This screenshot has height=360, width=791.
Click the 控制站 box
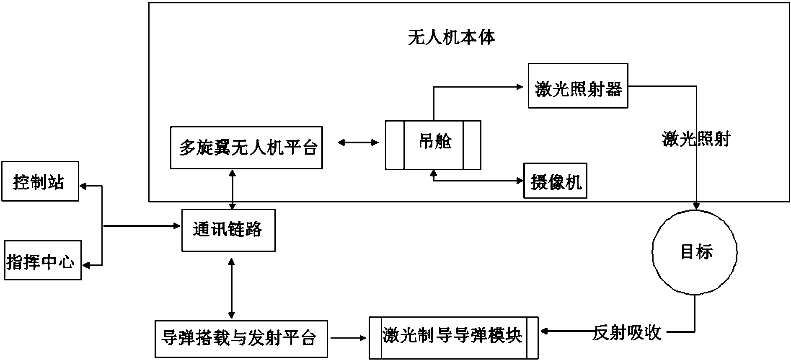click(40, 181)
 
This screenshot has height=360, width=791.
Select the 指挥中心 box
click(42, 260)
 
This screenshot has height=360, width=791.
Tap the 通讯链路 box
click(228, 230)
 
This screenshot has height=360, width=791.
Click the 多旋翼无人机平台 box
click(246, 148)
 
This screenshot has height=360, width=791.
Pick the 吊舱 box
click(433, 145)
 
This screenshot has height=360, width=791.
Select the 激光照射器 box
click(578, 86)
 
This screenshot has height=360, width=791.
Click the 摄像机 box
click(555, 181)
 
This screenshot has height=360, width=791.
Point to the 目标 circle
click(695, 252)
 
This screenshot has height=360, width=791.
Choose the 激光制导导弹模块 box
click(454, 338)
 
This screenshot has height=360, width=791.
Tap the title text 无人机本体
click(452, 38)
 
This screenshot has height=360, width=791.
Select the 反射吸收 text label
click(627, 333)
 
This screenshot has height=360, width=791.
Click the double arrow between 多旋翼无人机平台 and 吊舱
click(358, 143)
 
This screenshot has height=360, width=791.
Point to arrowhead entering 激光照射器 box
click(520, 87)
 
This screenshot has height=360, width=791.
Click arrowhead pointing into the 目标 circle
click(696, 206)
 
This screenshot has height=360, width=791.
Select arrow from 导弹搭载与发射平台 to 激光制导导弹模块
click(348, 337)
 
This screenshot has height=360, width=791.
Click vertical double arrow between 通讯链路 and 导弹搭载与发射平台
click(231, 288)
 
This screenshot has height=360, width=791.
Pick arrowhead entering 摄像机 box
click(520, 181)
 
